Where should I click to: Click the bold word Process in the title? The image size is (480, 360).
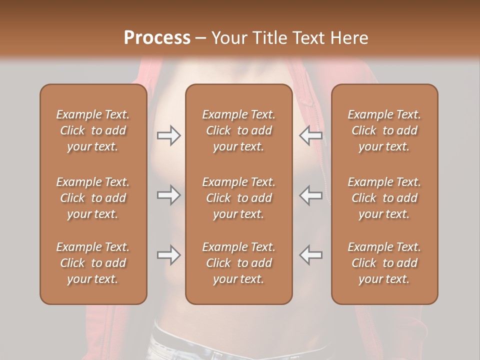(157, 37)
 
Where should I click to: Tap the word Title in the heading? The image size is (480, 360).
(270, 37)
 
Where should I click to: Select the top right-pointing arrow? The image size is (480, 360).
(168, 135)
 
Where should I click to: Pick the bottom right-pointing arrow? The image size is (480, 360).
(168, 255)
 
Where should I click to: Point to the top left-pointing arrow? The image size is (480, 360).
(310, 135)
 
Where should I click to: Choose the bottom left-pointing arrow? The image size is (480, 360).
(310, 255)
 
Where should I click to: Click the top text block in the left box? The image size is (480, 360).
(93, 130)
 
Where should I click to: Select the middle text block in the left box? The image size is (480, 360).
(93, 198)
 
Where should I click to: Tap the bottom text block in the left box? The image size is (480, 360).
(93, 263)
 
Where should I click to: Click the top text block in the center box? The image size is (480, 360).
(238, 130)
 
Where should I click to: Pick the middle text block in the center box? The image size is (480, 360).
(238, 198)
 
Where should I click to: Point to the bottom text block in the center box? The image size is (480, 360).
(238, 263)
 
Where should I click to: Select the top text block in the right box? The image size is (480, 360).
(384, 130)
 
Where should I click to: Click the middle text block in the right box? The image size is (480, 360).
(384, 198)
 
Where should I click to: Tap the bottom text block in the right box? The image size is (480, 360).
(384, 263)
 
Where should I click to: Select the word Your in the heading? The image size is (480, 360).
(229, 37)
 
